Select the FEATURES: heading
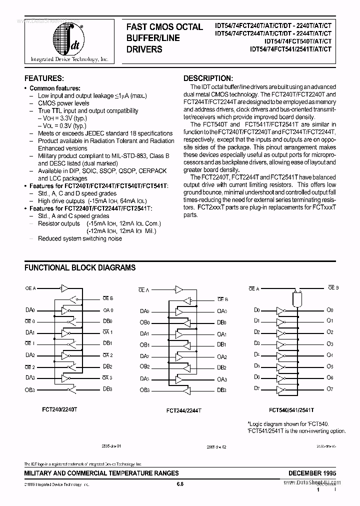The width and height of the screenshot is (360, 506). (x=44, y=78)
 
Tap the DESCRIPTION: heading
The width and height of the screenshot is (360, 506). (x=208, y=78)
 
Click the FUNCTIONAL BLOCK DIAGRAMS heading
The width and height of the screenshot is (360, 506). (x=80, y=267)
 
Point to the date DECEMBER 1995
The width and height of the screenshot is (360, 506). (x=312, y=472)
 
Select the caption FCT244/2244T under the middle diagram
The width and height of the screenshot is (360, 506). (x=184, y=410)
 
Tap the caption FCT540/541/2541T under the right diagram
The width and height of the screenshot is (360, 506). (x=291, y=409)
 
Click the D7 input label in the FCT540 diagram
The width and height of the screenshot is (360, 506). (x=257, y=388)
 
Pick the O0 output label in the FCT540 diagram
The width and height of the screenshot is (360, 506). (x=329, y=310)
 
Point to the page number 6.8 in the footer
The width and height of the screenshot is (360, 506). (x=180, y=484)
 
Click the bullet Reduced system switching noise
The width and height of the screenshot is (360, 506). (x=80, y=238)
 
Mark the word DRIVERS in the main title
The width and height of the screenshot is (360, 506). (x=144, y=49)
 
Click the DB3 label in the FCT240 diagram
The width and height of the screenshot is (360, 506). (x=107, y=389)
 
